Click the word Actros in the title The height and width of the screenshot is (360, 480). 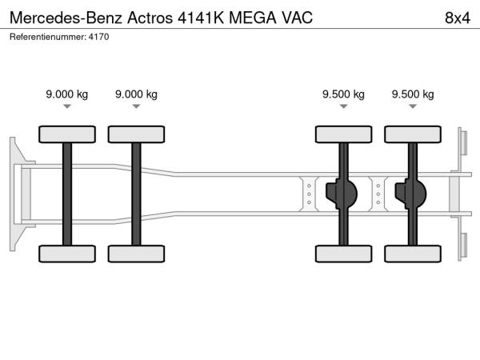[x=150, y=18]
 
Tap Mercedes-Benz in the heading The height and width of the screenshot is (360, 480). [x=66, y=18]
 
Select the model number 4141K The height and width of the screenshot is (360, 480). [x=201, y=18]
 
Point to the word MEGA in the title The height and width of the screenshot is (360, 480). [x=253, y=18]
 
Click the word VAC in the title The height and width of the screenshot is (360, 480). [x=297, y=18]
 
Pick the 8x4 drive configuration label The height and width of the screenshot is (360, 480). [x=458, y=18]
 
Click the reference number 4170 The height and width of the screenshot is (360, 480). [x=98, y=37]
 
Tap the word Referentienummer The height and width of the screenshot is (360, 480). [x=48, y=37]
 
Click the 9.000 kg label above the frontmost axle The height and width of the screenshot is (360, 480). [x=67, y=94]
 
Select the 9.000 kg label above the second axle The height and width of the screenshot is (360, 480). [x=136, y=94]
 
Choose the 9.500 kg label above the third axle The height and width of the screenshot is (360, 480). [x=343, y=94]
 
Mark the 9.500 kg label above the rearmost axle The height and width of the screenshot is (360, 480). [x=413, y=94]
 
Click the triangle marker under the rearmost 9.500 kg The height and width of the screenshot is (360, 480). [x=413, y=106]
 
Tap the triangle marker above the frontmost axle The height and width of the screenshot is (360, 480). [x=67, y=106]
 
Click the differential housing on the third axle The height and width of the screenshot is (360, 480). [x=342, y=194]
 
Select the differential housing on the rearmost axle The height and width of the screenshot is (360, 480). [x=411, y=194]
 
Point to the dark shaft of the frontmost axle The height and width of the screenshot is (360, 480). [x=67, y=194]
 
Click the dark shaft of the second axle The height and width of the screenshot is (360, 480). [x=136, y=194]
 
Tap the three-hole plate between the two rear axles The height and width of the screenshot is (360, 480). [x=378, y=194]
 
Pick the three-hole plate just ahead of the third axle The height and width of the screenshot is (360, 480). [x=309, y=194]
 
